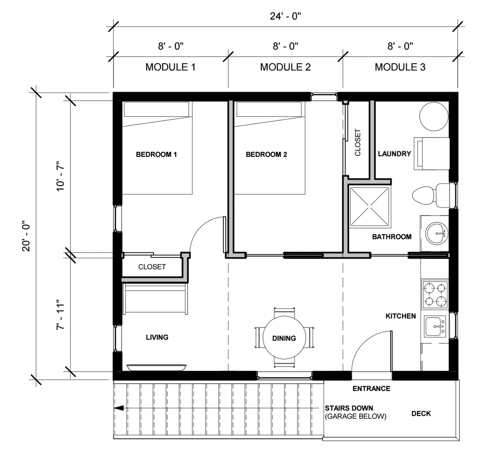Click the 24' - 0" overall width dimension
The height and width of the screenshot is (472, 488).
(x=285, y=16)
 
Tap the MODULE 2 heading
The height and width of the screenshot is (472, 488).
(x=285, y=67)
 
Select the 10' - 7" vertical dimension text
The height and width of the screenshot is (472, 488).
(x=60, y=176)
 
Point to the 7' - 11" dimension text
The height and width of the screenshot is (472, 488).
(x=60, y=315)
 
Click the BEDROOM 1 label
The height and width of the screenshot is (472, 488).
(x=156, y=154)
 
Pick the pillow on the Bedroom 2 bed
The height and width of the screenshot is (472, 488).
(x=269, y=109)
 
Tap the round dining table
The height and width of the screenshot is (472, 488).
(x=284, y=338)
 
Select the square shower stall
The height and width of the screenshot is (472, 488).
(x=370, y=206)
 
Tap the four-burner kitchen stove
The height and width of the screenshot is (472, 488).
(x=435, y=294)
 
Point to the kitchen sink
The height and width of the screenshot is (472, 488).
(x=435, y=326)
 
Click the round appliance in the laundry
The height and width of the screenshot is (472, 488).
(x=434, y=116)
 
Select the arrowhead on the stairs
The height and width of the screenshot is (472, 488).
(x=119, y=408)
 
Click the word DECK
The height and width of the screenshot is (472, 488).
(x=421, y=414)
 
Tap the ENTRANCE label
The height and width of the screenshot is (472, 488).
(x=371, y=389)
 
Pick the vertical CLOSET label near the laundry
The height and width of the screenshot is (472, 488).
(x=358, y=143)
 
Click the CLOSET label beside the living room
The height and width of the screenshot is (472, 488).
(x=152, y=267)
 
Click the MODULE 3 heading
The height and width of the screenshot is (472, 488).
(x=400, y=67)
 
